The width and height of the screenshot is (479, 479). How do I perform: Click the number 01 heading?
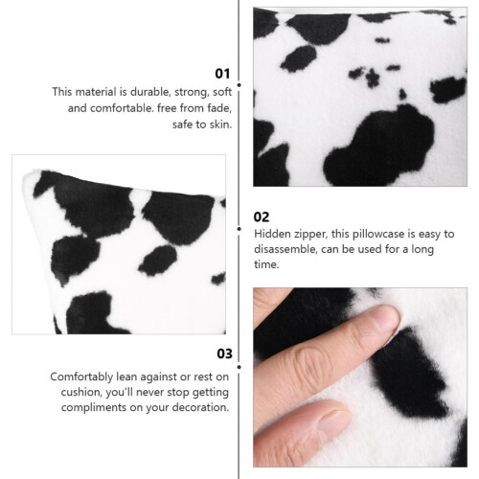pyautogui.click(x=222, y=74)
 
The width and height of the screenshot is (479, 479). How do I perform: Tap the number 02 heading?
pyautogui.click(x=262, y=217)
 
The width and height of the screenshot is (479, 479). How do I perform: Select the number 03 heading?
pyautogui.click(x=225, y=354)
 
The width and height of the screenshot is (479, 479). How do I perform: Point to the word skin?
pyautogui.click(x=220, y=125)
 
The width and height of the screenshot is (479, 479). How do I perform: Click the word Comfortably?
pyautogui.click(x=81, y=377)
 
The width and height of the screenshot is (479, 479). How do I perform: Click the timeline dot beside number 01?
pyautogui.click(x=239, y=85)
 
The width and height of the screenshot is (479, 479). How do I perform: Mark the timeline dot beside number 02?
pyautogui.click(x=239, y=229)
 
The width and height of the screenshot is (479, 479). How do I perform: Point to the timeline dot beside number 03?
pyautogui.click(x=239, y=367)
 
